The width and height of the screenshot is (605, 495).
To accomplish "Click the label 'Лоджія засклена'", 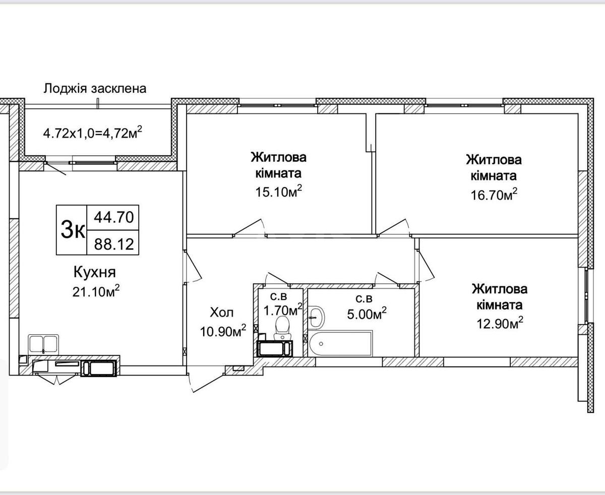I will (x=95, y=89).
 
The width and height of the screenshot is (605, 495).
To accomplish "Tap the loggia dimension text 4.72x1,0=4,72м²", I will (x=92, y=134).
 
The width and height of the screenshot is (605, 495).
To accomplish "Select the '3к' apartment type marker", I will (x=72, y=230).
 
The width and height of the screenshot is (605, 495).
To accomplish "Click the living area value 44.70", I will (x=113, y=217).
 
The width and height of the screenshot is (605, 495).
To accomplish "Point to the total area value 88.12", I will (x=113, y=244).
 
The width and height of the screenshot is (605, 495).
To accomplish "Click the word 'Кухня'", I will (x=95, y=273).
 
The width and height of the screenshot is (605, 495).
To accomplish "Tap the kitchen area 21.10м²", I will (x=96, y=291).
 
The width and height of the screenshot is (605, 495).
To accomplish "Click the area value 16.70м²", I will (x=494, y=195).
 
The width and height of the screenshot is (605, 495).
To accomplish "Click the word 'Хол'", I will (x=222, y=313).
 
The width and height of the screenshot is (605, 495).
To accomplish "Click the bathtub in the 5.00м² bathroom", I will (x=340, y=344).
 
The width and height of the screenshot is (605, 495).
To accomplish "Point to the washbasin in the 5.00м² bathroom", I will (x=318, y=317).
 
